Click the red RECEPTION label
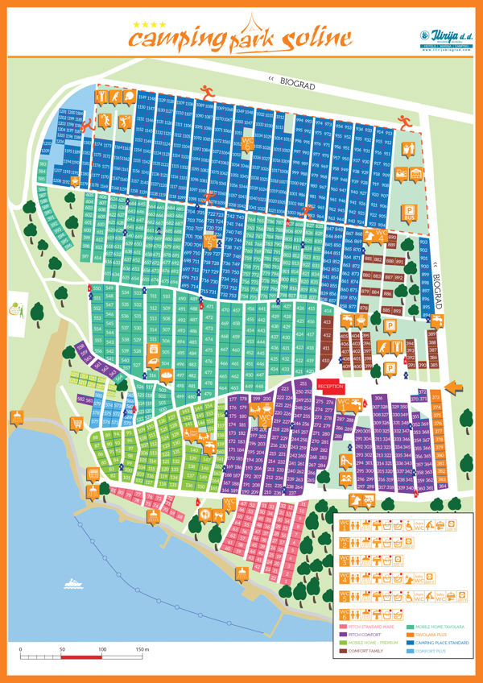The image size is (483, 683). pyautogui.click(x=330, y=386)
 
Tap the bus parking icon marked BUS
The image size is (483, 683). pyautogui.click(x=408, y=213)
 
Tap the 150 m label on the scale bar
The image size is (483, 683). pyautogui.click(x=142, y=649)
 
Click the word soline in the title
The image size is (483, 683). pyautogui.click(x=316, y=37)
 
